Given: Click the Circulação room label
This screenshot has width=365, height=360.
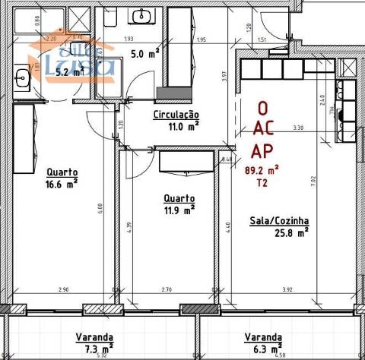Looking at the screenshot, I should tap(176, 115).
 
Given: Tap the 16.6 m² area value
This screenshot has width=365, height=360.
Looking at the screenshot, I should tap(62, 183).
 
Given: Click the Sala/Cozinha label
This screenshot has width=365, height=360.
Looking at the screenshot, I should tap(279, 222).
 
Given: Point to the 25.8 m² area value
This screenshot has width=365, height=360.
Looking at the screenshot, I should tap(291, 233).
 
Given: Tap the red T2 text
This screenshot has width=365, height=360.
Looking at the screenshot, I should tap(262, 183).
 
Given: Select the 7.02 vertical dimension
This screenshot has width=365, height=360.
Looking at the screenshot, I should tap(334, 181).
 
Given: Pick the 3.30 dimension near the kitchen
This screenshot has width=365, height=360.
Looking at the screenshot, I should tap(298, 128).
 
